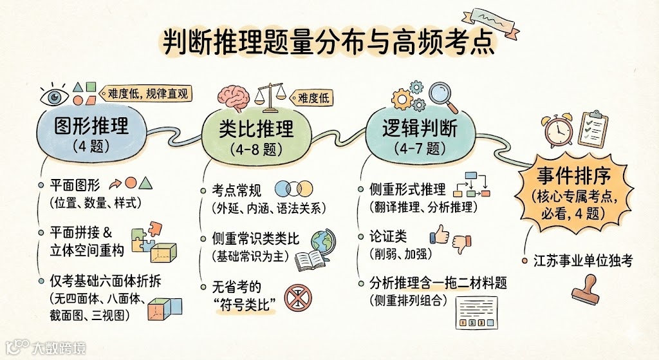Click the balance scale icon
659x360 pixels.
coord(270,97)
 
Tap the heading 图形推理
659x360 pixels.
coord(82,124)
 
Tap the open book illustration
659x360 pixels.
coord(313,260)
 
